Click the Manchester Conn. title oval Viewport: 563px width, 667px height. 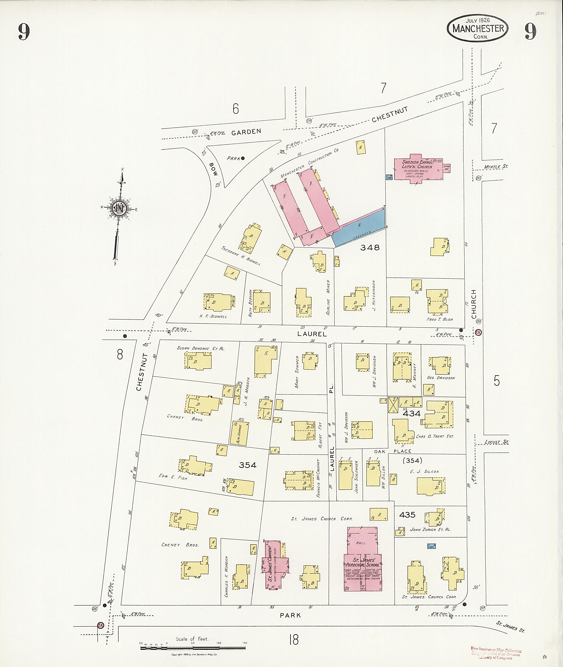click(478, 28)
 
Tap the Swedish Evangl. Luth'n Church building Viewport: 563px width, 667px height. click(418, 169)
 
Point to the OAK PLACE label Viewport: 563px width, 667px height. click(393, 451)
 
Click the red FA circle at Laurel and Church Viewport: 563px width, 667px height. click(478, 332)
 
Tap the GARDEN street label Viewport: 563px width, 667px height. click(246, 132)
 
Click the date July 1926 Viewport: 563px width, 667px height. click(478, 20)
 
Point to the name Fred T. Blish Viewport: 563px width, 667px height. click(440, 319)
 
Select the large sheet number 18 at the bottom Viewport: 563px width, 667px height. click(294, 640)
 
